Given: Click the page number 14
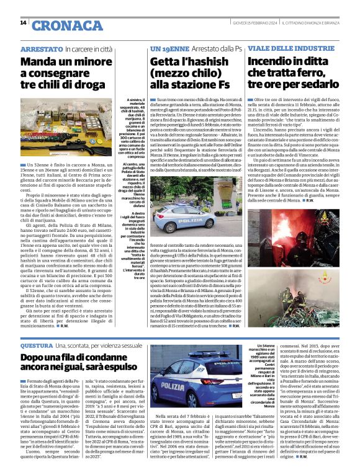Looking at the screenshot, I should [x=23, y=23].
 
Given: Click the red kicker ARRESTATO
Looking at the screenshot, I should [x=41, y=48].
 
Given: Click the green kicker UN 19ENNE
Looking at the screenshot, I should [x=169, y=48].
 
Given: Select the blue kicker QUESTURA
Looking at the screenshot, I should [x=37, y=344].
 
